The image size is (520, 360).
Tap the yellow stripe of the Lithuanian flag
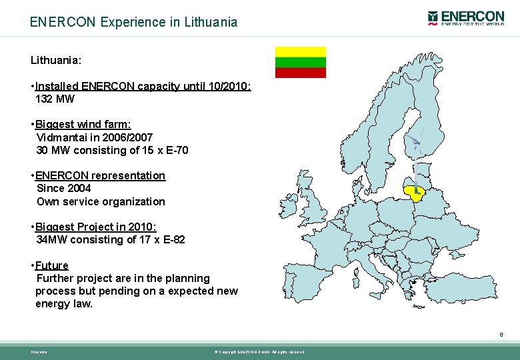301,52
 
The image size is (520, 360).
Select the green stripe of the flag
301,62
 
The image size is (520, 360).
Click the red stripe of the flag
301,73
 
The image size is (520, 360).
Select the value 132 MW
55,99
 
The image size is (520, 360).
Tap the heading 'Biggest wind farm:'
83,125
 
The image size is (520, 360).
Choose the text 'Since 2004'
64,189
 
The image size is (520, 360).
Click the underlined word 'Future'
52,265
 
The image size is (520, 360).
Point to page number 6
501,335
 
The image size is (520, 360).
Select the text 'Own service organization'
101,201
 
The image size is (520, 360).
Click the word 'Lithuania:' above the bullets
56,60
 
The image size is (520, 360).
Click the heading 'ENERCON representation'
100,176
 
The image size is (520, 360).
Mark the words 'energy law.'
64,304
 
